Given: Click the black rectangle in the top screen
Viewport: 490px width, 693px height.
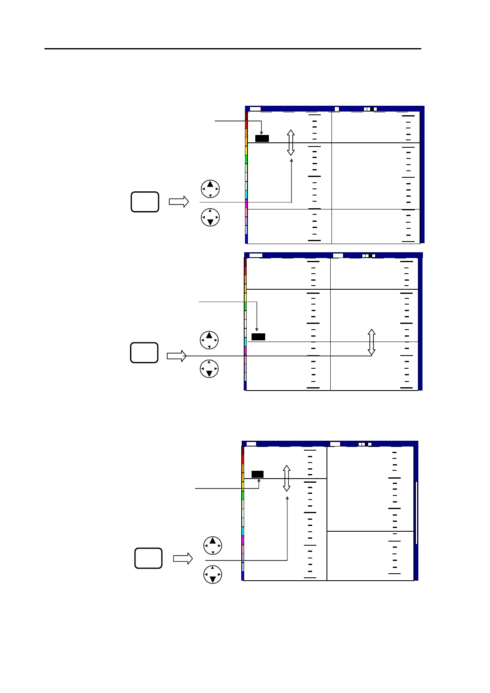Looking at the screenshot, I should coord(262,138).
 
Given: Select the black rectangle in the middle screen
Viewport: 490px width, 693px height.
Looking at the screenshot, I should coord(258,337).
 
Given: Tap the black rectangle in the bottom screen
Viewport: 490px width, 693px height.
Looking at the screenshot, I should coord(257,474).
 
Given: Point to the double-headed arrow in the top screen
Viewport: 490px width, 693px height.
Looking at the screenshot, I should coord(291,142).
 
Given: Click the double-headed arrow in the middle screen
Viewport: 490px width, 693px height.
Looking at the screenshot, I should coord(371,342).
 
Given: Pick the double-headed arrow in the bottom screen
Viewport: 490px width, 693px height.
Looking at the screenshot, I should coord(287,478).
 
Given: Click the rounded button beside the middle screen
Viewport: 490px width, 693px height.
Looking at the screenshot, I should coord(144,353).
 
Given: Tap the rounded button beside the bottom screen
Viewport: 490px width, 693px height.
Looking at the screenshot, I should coord(148,558).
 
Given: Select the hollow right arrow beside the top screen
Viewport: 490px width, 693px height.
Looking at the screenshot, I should coord(179,202).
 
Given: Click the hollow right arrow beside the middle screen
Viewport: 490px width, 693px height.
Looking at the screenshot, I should coord(177,356).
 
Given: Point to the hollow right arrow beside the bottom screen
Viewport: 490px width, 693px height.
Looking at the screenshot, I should coord(183,558).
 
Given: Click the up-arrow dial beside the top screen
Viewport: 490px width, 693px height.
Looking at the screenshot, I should coord(210,189).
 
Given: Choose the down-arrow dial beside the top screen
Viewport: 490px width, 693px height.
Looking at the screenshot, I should coord(210,218).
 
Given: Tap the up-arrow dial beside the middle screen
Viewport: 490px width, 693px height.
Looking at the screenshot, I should coord(209,340).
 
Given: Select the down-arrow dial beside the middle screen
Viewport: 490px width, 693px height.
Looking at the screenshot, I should coord(209,369).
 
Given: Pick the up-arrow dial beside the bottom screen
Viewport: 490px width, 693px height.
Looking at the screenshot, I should coord(212,546).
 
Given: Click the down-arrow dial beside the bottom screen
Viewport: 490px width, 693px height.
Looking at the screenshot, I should coord(212,574).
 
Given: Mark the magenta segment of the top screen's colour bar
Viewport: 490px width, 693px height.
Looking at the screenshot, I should coord(246,204).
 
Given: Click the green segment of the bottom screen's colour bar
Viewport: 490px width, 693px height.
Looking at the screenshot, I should coord(243,495).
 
